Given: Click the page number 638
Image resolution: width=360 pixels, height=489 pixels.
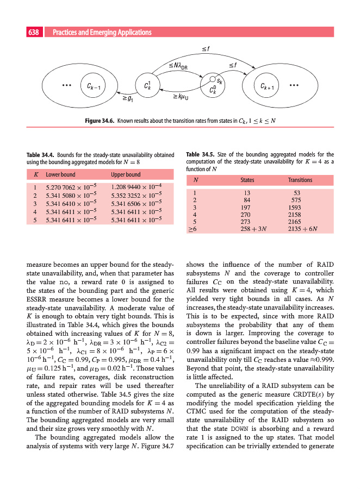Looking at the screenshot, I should click(x=34, y=33).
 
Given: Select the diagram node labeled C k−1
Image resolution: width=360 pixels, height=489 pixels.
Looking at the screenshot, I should click(x=93, y=86).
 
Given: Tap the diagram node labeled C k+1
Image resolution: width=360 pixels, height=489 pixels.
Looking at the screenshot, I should click(x=269, y=86).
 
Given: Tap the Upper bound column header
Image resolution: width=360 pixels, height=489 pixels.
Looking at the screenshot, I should click(x=126, y=175).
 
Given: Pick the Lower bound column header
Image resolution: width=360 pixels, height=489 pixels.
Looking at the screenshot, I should click(x=60, y=175).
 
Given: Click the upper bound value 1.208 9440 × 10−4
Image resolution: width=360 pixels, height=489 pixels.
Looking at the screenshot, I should click(x=139, y=186).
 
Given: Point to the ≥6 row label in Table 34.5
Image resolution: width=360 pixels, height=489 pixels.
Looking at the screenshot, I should click(x=191, y=229).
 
